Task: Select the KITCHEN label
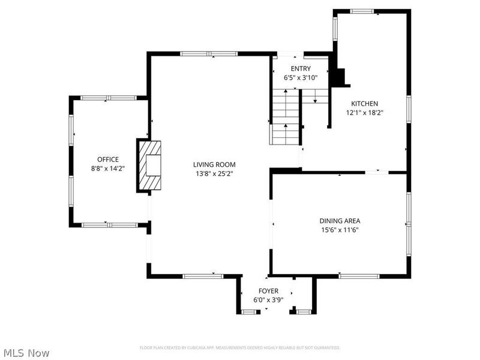click(364, 103)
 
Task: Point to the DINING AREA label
click(340, 220)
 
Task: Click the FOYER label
click(268, 290)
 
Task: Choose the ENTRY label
click(301, 69)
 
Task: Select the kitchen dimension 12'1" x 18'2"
click(364, 112)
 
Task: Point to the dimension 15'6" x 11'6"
click(340, 229)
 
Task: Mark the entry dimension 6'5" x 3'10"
click(301, 77)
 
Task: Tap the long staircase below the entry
click(285, 117)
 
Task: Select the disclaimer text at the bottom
click(240, 347)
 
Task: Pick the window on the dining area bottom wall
click(359, 275)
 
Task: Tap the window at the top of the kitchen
click(362, 11)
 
